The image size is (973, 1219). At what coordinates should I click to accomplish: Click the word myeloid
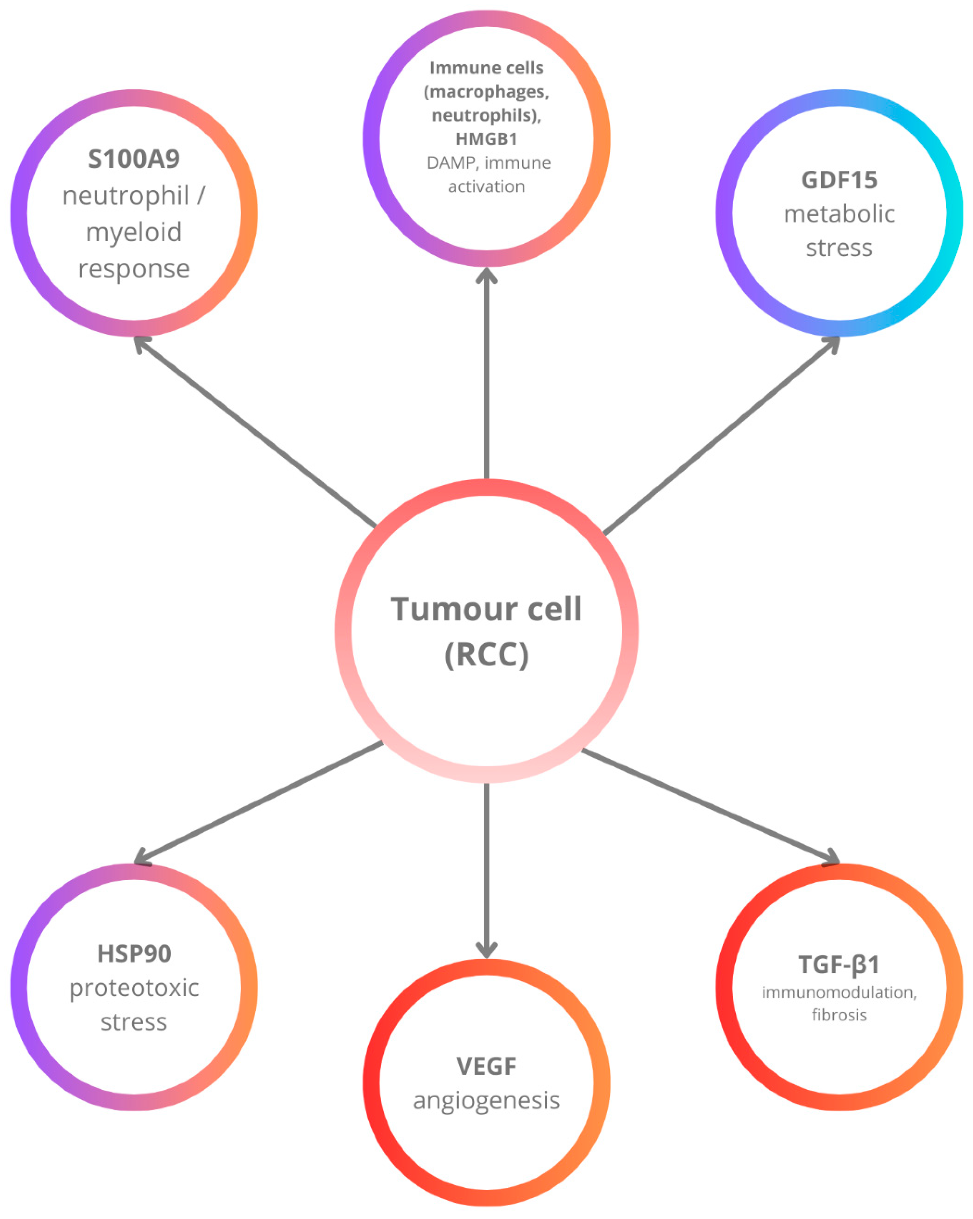coord(134,232)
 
